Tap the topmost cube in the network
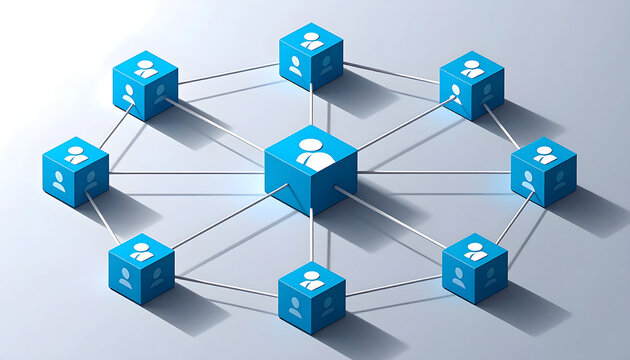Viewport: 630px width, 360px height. click(311, 56)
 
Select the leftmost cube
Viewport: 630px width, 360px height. click(76, 171)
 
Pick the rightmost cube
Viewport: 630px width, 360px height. click(544, 171)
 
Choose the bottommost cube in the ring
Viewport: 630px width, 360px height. click(311, 297)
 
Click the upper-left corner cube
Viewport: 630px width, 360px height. click(145, 85)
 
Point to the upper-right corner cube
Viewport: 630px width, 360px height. click(472, 85)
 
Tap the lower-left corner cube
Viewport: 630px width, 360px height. click(141, 268)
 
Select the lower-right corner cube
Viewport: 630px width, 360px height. click(475, 267)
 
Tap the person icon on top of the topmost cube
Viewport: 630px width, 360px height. click(312, 40)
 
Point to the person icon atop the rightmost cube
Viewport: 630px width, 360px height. click(545, 155)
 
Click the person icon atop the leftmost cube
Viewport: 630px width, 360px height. click(76, 155)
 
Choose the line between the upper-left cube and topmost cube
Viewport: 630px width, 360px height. click(228, 73)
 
